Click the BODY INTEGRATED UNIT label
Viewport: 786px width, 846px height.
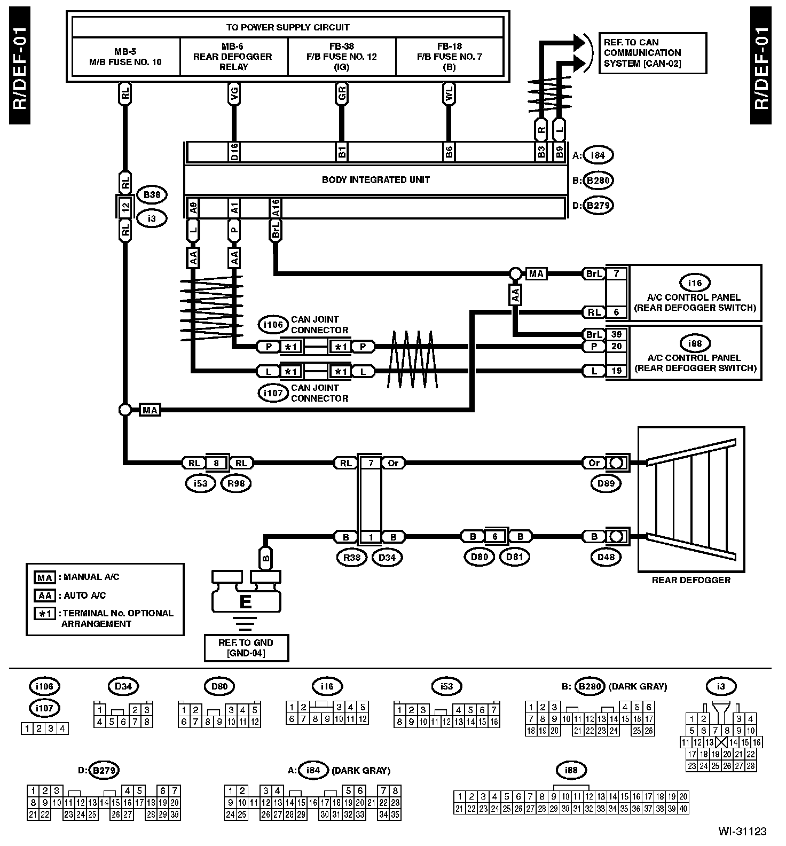point(375,180)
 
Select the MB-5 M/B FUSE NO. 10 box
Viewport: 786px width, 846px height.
point(125,57)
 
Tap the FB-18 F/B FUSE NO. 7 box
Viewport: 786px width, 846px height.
point(450,57)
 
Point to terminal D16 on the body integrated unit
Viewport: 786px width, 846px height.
point(234,152)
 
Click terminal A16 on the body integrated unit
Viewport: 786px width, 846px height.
point(275,208)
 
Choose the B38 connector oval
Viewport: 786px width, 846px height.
point(152,195)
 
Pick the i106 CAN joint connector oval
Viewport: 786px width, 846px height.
point(273,325)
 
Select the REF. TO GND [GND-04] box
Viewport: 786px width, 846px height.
point(246,648)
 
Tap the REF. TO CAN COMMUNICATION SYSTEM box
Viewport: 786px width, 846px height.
point(653,53)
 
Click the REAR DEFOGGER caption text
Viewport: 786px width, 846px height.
point(691,580)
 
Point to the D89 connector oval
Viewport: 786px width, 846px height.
point(606,484)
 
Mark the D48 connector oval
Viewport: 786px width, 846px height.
point(606,558)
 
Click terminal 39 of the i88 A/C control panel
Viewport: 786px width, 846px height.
point(617,334)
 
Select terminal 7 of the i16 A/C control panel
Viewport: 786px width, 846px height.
point(617,273)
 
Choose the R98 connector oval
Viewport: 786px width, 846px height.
point(235,484)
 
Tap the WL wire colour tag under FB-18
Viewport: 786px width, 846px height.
point(449,95)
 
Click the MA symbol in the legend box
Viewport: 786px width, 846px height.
point(44,578)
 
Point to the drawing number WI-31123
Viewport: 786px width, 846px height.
point(742,831)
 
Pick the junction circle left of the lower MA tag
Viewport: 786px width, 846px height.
point(125,410)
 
